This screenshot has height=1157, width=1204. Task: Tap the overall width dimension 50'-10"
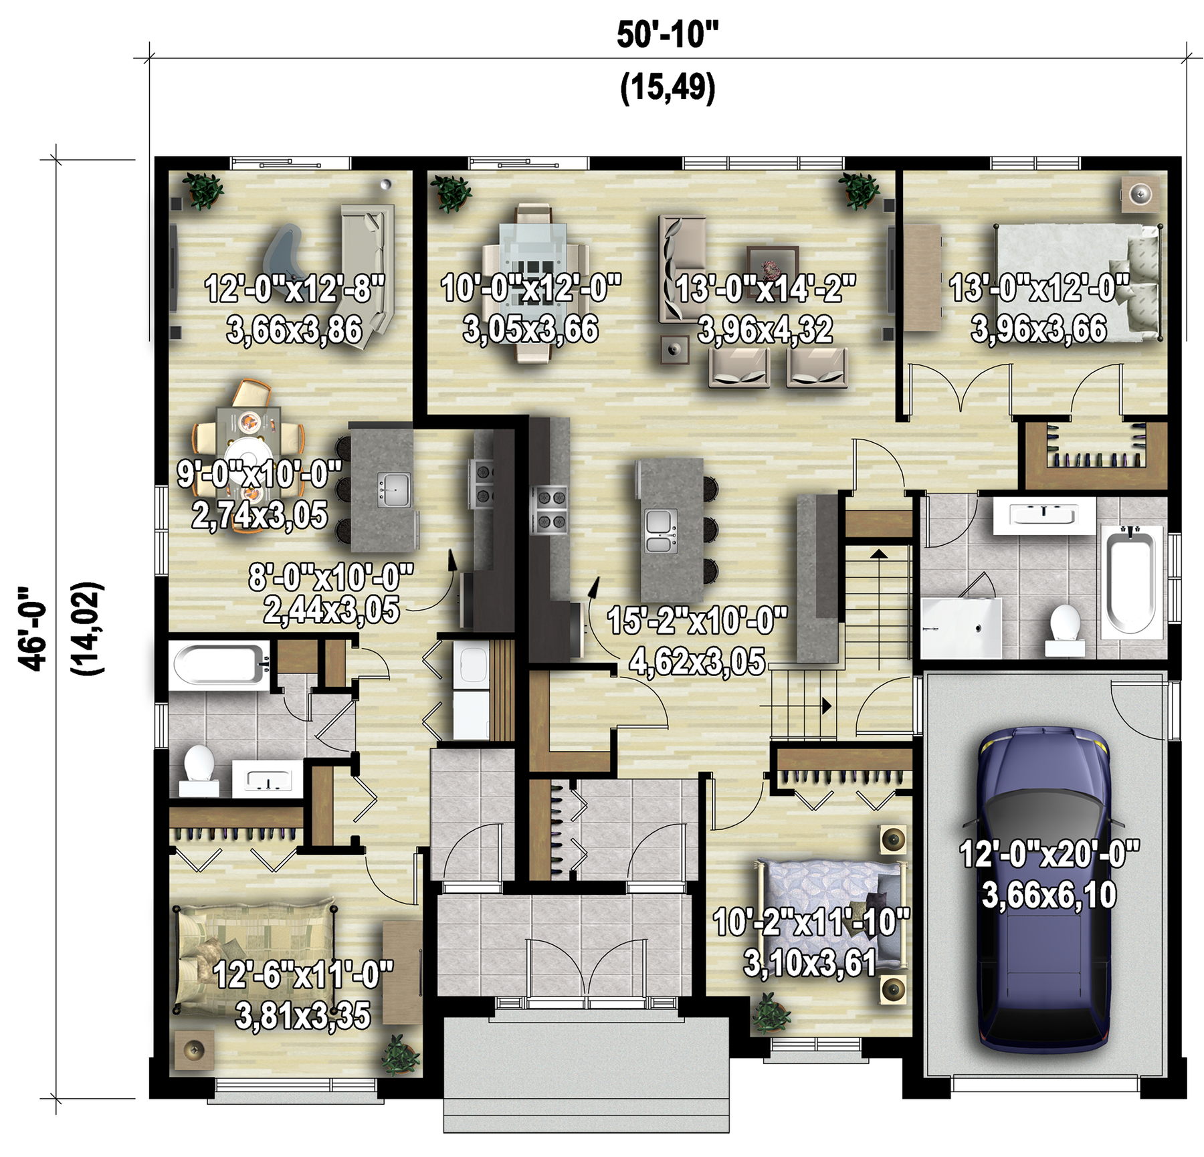(667, 35)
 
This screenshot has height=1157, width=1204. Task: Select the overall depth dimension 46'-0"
(33, 629)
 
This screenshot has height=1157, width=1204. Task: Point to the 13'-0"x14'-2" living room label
(765, 289)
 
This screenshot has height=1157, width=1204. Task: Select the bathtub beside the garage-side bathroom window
(1131, 579)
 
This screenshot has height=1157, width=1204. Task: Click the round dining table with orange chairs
(249, 455)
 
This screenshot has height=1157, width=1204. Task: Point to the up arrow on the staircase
(878, 553)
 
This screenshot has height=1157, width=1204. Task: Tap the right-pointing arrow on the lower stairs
(827, 706)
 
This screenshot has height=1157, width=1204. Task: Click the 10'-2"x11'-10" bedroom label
(811, 923)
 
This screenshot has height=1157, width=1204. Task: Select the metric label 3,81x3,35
(302, 1016)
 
